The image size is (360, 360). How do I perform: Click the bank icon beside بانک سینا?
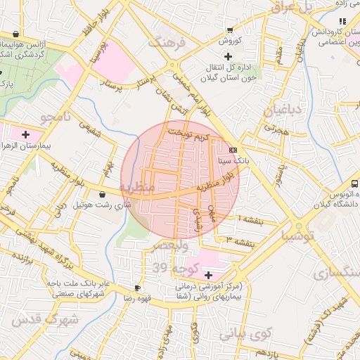[233, 150]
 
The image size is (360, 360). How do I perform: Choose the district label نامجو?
[57, 117]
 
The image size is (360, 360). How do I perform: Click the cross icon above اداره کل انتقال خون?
[227, 56]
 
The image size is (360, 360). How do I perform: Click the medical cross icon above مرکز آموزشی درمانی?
[208, 274]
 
